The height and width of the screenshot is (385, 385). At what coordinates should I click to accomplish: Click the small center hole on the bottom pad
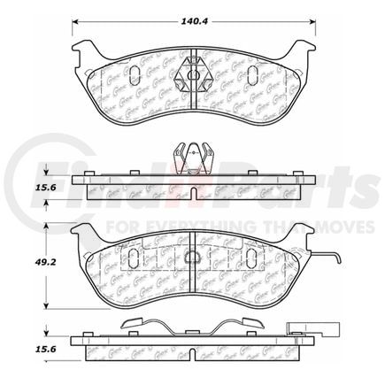pyautogui.click(x=193, y=256)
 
